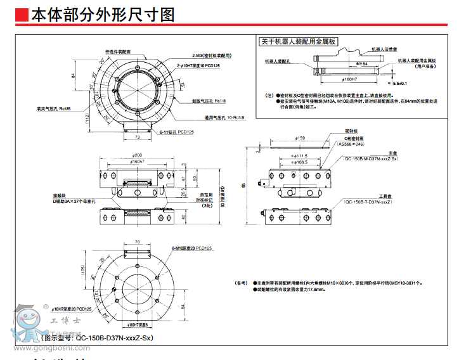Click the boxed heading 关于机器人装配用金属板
pos(299,42)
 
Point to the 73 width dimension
pos(138,137)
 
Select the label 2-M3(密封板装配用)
pos(212,56)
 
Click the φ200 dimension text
pos(137,156)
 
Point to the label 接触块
pos(60,195)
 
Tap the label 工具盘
pos(388,196)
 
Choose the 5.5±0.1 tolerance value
pos(400,83)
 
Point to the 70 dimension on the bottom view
pos(137,242)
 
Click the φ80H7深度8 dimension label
pos(137,325)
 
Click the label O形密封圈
pos(354,138)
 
